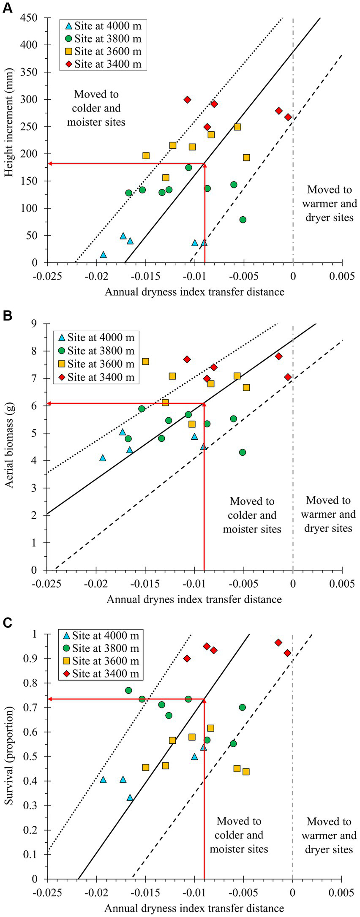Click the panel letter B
point(7,316)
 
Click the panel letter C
point(7,623)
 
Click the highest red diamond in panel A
point(187,100)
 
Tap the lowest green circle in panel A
point(243,220)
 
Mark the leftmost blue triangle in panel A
point(103,255)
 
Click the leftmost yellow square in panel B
point(145,361)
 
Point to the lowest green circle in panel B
point(243,452)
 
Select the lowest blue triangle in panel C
point(130,797)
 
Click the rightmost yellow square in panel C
point(246,772)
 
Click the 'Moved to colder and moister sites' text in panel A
point(96,108)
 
